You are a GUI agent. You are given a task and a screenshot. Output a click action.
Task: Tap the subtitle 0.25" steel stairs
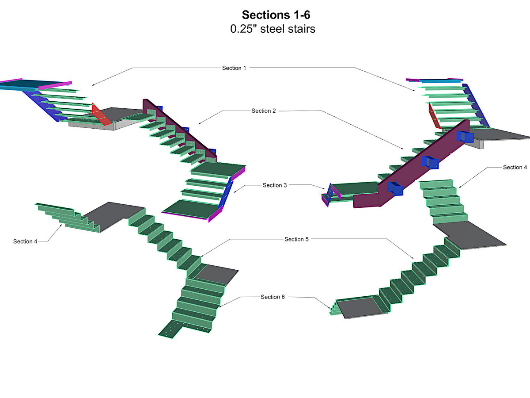point(273,30)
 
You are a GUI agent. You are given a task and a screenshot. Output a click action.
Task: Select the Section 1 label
point(235,68)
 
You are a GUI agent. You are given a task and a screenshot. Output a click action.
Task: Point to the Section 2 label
point(264,111)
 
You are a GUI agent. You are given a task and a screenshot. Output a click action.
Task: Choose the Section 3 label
point(275,185)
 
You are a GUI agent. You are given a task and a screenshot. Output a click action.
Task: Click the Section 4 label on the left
point(26,241)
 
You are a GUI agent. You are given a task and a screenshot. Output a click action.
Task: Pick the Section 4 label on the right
point(515,168)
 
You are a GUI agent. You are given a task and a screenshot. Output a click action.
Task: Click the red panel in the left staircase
point(102,115)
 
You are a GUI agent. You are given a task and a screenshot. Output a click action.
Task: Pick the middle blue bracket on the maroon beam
point(430,163)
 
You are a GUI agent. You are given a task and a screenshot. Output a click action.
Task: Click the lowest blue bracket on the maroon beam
point(395,188)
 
